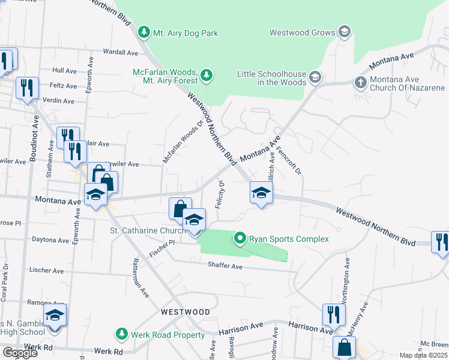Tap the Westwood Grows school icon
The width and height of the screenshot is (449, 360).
tap(344, 31)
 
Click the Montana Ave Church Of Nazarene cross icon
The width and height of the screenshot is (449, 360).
tap(360, 82)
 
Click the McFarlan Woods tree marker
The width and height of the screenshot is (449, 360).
tap(206, 75)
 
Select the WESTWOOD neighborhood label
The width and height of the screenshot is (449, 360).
tap(185, 312)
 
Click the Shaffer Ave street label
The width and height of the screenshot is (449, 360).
tap(225, 265)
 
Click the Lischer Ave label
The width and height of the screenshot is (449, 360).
tap(46, 271)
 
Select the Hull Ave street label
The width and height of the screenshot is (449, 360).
tap(65, 70)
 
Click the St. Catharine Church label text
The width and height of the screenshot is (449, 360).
tap(146, 230)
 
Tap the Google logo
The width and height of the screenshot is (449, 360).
tap(20, 353)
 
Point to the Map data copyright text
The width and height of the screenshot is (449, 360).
tap(423, 355)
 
